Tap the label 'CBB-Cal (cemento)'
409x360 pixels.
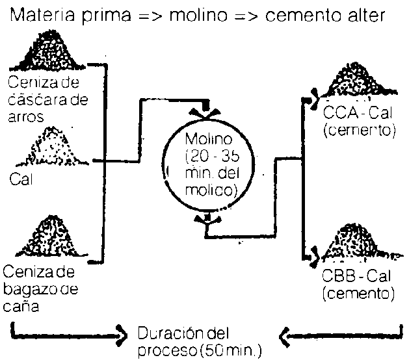[358, 286]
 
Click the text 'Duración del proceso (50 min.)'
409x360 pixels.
[198, 343]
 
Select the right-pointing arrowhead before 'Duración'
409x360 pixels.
[121, 336]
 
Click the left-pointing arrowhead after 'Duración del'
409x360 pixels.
[285, 336]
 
